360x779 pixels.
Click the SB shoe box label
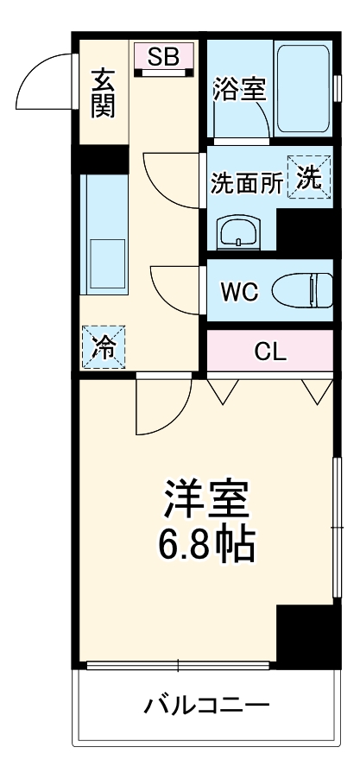coord(163,58)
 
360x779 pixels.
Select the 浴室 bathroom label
coord(240,90)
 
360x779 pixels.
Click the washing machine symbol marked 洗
coord(310,176)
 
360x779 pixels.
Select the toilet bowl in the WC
coord(302,290)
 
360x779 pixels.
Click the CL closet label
coord(269,351)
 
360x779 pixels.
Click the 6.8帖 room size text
coord(206,543)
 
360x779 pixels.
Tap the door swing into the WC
coord(176,290)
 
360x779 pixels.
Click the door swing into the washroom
coord(174,179)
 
